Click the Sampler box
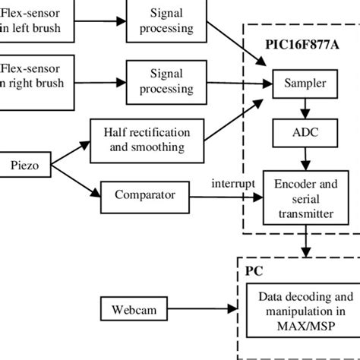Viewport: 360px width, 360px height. [305, 83]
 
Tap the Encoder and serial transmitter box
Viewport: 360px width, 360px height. [306, 198]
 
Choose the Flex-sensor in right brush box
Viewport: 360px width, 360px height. [38, 75]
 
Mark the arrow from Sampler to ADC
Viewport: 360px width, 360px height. [305, 108]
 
